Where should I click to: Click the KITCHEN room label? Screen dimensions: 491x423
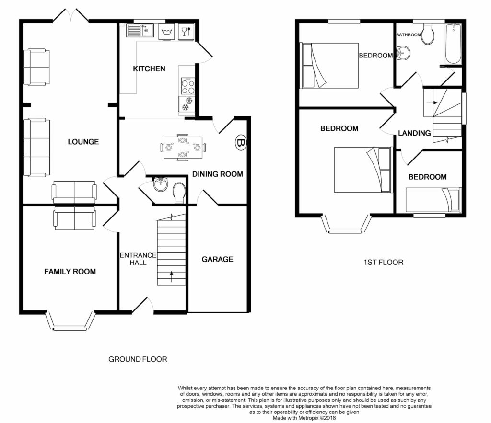(x=149, y=69)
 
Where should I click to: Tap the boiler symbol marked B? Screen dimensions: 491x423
(x=241, y=143)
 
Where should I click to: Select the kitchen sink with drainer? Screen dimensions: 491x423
(x=140, y=31)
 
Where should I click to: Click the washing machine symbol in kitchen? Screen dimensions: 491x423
(x=167, y=32)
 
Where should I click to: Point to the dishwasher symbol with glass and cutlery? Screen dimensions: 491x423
(x=187, y=32)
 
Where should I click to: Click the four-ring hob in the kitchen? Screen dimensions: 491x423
(x=188, y=86)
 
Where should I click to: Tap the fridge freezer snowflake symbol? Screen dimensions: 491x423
(x=187, y=104)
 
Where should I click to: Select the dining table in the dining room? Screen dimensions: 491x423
(x=183, y=148)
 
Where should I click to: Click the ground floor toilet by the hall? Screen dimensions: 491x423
(x=179, y=193)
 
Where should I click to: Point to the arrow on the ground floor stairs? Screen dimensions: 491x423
(x=172, y=276)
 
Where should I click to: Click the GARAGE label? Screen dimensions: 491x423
(x=217, y=259)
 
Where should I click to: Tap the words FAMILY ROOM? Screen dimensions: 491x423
(x=70, y=272)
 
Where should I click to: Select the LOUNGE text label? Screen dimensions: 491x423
(x=83, y=142)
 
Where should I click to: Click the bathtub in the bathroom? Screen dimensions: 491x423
(x=453, y=44)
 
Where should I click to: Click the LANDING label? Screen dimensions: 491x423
(x=414, y=133)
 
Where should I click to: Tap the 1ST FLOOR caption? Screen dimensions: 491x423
(x=383, y=262)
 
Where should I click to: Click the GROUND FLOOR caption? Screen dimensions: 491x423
(x=138, y=359)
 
